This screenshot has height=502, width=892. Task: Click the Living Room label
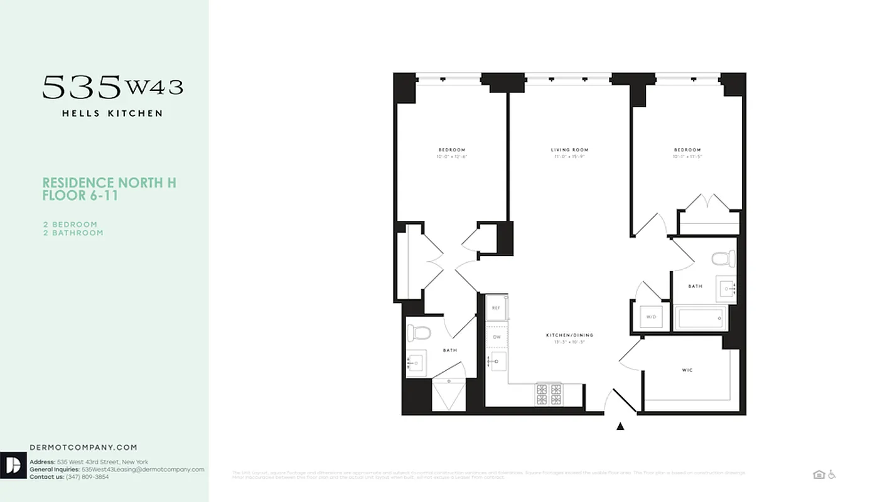(569, 150)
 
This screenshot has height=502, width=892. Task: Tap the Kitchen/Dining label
(569, 335)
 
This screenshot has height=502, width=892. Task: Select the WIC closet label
(687, 370)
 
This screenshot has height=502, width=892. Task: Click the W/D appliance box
(651, 317)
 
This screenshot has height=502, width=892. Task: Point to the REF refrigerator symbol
(496, 308)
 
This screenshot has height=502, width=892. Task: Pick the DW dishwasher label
(497, 337)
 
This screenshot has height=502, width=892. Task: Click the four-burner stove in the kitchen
(549, 394)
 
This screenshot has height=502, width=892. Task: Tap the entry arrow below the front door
(620, 427)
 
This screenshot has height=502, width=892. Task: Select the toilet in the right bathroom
(723, 258)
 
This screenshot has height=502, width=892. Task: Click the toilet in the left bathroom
(419, 333)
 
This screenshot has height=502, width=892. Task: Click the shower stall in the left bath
(448, 395)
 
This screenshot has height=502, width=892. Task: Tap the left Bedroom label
(451, 150)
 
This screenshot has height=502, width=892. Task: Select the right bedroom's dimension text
(687, 157)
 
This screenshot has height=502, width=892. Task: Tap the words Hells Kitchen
(112, 114)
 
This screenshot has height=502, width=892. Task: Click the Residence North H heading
(109, 183)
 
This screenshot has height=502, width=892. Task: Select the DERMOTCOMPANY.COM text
(83, 447)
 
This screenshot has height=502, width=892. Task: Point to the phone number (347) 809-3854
(87, 477)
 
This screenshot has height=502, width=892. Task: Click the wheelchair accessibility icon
(832, 474)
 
